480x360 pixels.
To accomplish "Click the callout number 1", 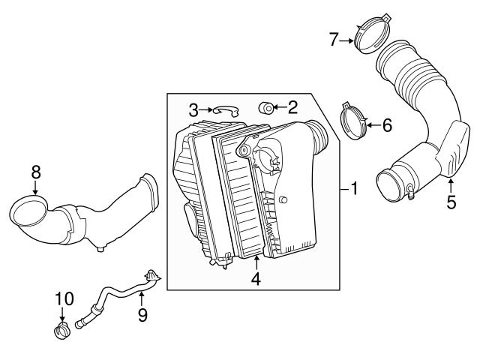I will click(x=354, y=189).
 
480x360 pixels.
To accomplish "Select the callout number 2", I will click(x=292, y=108).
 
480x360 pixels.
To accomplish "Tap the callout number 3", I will click(x=193, y=111).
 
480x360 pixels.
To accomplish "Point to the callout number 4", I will click(x=256, y=279).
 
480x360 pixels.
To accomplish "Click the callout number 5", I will click(x=451, y=202).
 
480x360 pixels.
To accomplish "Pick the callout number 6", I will click(x=387, y=125).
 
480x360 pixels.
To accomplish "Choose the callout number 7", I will click(x=334, y=40).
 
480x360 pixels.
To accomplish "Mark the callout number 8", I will click(x=35, y=172).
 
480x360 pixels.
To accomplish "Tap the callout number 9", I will click(x=142, y=314).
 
